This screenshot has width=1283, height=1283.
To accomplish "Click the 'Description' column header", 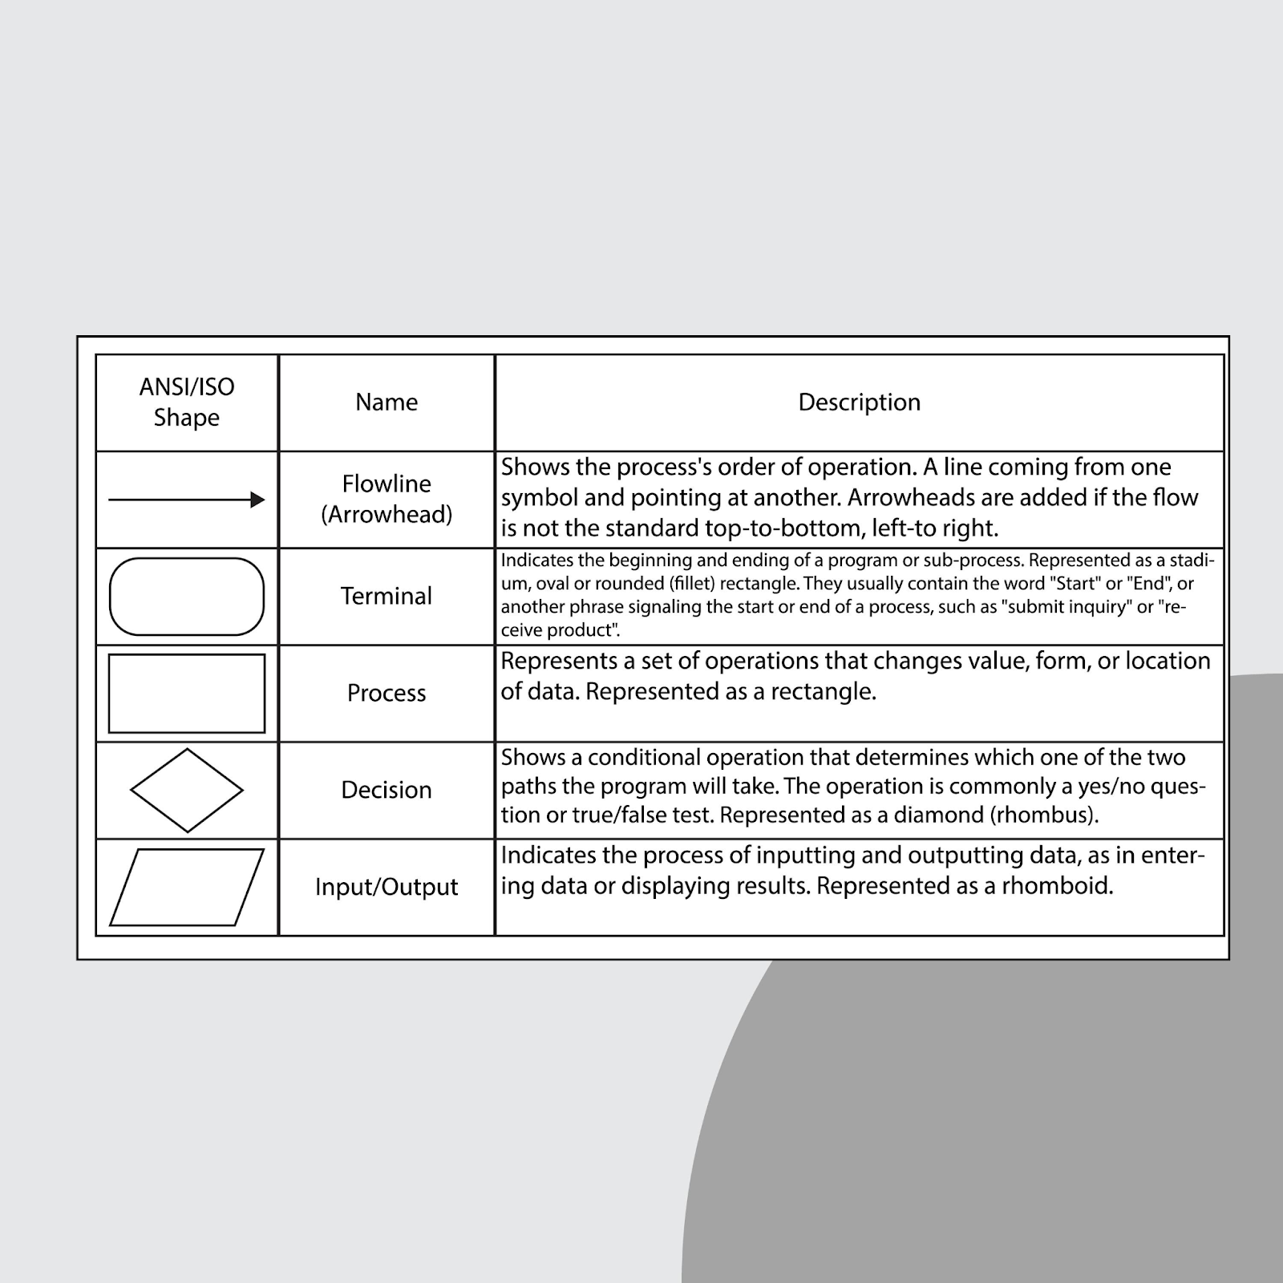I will tap(859, 402).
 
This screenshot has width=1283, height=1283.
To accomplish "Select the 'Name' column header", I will tap(387, 402).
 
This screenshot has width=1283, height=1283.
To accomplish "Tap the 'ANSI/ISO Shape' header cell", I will tap(187, 402).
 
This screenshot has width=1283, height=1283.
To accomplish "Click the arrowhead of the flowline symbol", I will tap(257, 500).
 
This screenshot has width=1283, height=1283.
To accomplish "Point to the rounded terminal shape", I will tap(187, 597).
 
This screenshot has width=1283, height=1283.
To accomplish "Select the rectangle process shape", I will tap(187, 694).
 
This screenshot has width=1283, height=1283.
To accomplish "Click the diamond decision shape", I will tap(187, 791).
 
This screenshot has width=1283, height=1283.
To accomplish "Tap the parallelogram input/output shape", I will tap(187, 888).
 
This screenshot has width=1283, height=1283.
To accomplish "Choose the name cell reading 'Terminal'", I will tap(387, 596).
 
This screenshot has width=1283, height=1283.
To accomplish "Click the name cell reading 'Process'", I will tap(387, 693).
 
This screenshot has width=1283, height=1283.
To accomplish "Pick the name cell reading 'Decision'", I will tap(387, 790).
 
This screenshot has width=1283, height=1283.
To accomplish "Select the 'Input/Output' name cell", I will tap(387, 887).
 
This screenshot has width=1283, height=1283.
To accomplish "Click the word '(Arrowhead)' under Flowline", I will tap(387, 515).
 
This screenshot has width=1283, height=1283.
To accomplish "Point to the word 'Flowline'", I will tap(387, 484).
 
